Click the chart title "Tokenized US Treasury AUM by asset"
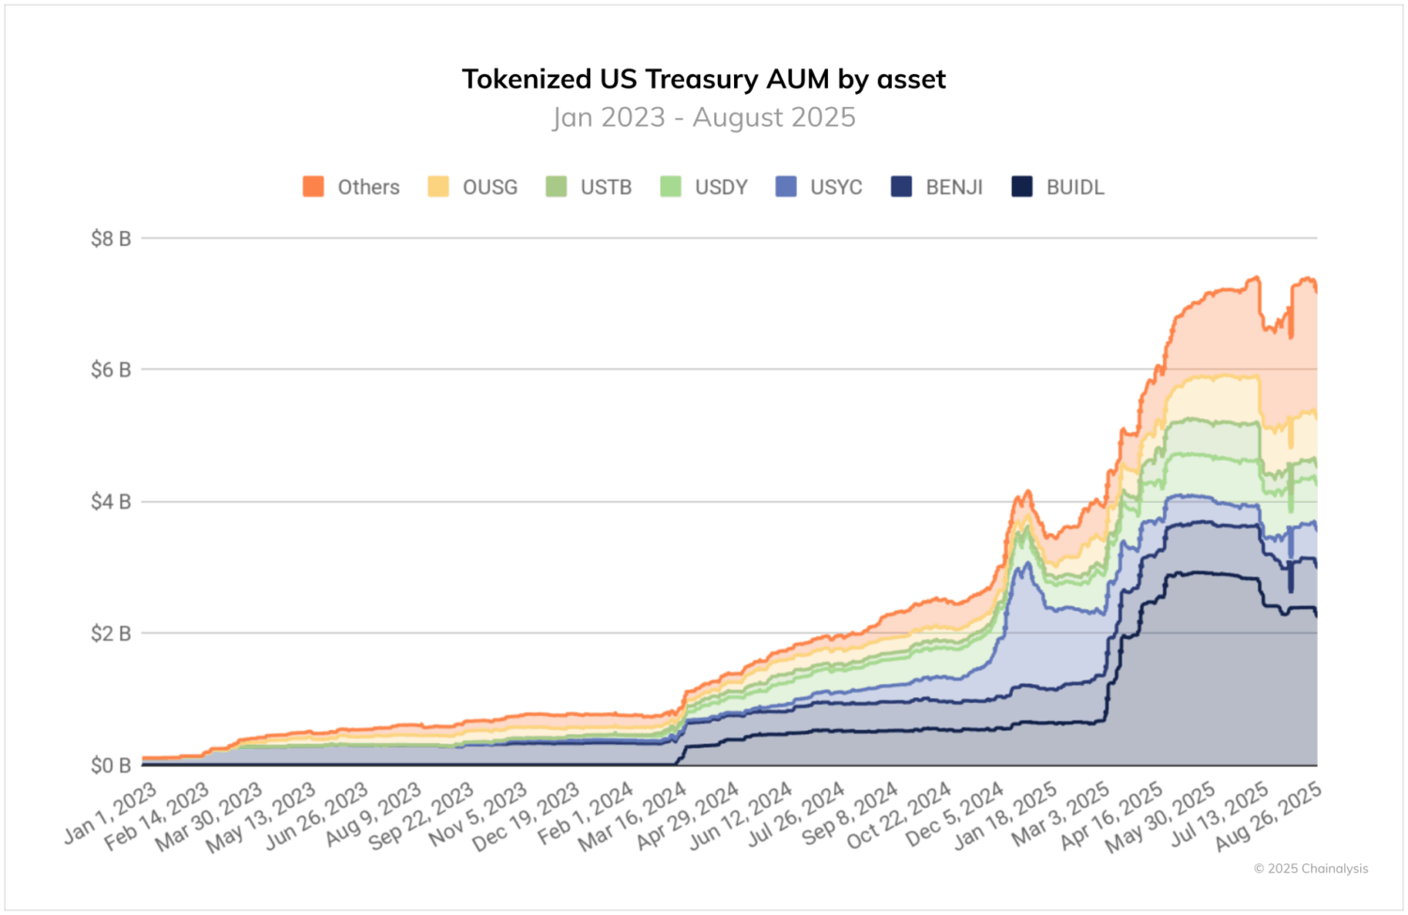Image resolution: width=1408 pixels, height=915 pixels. click(703, 79)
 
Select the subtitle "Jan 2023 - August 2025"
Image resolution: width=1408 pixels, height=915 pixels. click(703, 117)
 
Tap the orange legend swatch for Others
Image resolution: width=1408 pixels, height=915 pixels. click(314, 187)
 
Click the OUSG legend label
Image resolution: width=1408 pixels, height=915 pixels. click(489, 188)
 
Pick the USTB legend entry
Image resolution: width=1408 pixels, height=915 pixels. click(605, 188)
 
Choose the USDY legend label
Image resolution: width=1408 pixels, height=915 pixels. click(721, 188)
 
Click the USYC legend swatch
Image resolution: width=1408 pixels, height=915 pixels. click(787, 187)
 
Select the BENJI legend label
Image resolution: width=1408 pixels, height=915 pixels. click(954, 188)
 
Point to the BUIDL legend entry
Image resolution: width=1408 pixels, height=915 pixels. click(1075, 188)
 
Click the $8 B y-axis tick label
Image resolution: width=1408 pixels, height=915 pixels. click(110, 238)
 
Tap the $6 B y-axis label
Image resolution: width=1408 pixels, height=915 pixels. click(110, 370)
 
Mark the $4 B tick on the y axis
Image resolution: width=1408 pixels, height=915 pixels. click(110, 502)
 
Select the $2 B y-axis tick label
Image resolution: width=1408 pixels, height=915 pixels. click(110, 633)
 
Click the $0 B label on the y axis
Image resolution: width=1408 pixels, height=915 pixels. click(110, 766)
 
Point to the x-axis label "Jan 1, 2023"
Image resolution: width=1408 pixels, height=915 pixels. click(111, 813)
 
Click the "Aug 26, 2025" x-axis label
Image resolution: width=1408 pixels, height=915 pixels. click(1269, 816)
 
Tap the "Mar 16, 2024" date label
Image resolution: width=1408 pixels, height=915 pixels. click(634, 817)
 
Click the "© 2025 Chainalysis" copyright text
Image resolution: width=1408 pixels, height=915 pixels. click(1310, 869)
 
